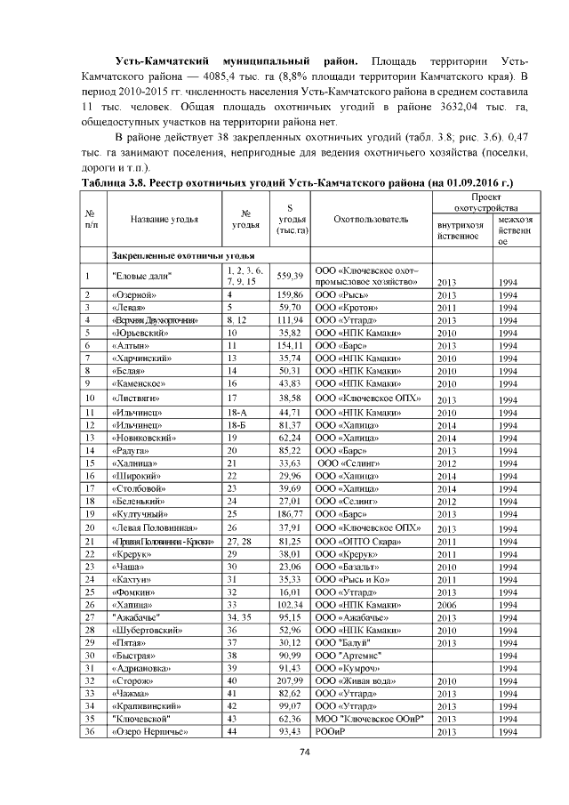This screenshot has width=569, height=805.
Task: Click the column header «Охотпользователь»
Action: tap(371, 219)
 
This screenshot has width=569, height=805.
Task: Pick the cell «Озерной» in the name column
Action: tap(134, 294)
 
